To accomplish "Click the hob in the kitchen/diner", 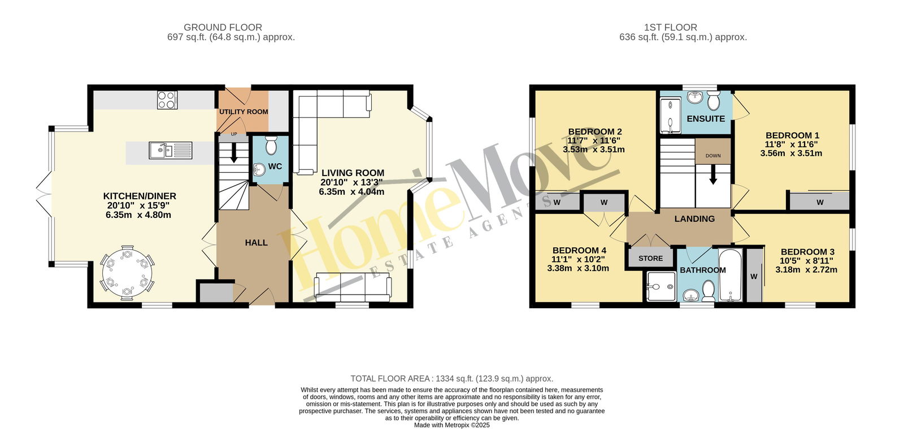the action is (x=167, y=100).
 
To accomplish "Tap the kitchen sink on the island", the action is (x=170, y=150).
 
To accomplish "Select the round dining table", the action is (x=127, y=272).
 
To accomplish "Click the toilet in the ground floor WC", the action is (x=271, y=146).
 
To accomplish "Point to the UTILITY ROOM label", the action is (x=244, y=112).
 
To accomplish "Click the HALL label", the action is (x=257, y=243).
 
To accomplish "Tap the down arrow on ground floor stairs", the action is (x=234, y=153).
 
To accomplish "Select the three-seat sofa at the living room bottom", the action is (x=353, y=287).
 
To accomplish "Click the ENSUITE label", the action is (x=706, y=119).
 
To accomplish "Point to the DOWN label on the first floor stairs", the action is (x=713, y=156).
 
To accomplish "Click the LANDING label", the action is (x=694, y=219).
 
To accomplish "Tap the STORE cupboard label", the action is (x=650, y=259).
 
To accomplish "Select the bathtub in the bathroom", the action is (x=731, y=275).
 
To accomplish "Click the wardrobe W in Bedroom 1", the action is (x=820, y=202).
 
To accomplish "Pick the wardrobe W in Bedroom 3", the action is (x=754, y=276).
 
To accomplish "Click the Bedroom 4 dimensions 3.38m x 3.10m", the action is (x=578, y=269).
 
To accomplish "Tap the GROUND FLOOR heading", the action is (x=223, y=28).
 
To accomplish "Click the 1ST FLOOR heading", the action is (x=670, y=28).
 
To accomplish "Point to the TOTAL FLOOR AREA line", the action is (x=451, y=379).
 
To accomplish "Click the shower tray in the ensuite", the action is (x=670, y=116).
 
